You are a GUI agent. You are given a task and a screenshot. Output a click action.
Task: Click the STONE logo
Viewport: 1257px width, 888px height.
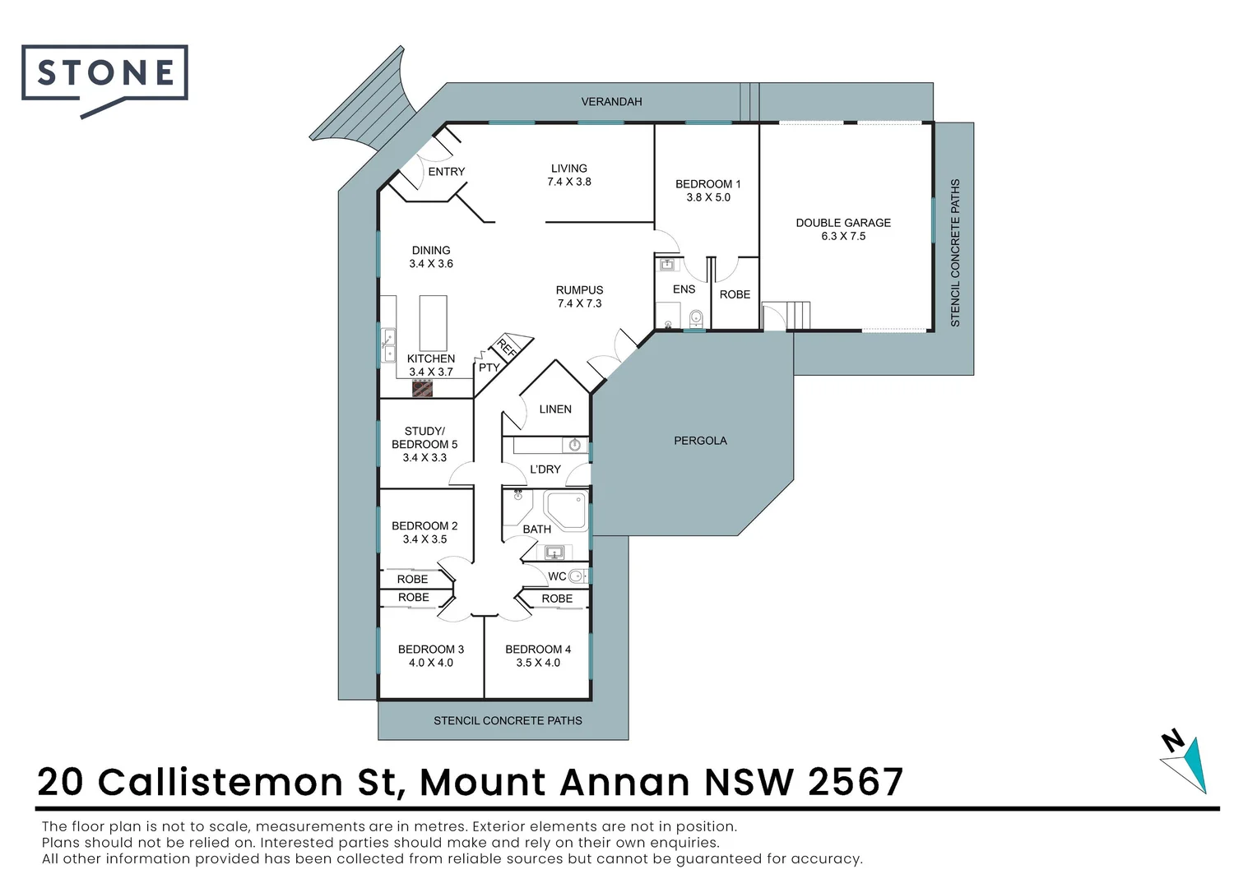tap(104, 74)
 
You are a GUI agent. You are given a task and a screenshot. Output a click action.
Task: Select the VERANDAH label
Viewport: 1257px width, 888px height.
tap(611, 102)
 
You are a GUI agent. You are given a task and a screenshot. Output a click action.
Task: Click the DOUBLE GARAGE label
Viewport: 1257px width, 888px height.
tap(843, 223)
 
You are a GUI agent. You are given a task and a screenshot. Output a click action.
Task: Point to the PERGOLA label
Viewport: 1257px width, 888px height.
tap(700, 441)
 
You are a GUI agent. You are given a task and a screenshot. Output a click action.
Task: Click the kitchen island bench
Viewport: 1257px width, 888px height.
tap(433, 323)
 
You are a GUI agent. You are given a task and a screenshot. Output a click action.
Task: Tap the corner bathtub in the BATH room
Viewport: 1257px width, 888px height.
tap(567, 510)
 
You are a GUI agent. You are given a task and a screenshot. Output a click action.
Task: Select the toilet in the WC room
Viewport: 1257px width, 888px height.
tap(577, 576)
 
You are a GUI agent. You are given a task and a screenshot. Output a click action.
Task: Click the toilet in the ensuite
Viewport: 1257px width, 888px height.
tap(696, 317)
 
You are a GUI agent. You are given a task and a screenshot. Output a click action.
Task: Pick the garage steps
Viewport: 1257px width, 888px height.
tap(798, 315)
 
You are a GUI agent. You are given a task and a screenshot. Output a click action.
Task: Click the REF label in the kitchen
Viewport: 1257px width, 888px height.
tap(507, 348)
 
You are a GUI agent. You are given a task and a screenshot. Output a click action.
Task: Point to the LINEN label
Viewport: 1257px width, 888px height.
tap(555, 409)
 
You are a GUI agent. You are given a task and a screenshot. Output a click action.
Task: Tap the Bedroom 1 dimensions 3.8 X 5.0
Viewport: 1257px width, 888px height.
tap(708, 197)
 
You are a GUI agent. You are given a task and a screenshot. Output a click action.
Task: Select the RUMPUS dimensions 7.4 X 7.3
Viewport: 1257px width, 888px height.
tap(579, 303)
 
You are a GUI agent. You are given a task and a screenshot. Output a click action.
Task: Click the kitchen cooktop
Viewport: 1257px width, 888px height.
tap(422, 388)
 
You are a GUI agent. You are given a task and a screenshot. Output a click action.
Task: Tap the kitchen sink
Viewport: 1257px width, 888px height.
tap(388, 345)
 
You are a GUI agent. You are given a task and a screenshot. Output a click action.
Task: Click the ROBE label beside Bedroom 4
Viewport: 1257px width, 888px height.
tap(557, 599)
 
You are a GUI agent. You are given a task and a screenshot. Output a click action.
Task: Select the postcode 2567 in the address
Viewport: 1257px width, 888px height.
tap(856, 782)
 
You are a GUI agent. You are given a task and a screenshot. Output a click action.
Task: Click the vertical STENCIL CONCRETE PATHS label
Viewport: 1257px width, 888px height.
tap(955, 252)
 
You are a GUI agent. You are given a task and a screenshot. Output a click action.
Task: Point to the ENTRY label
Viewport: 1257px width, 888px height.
tap(447, 172)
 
